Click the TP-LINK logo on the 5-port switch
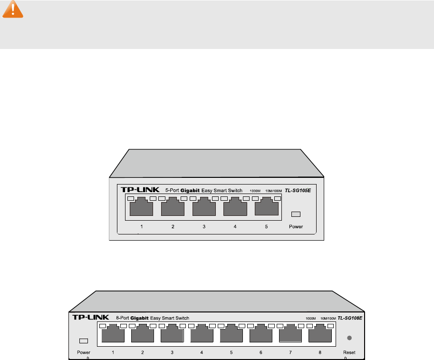138,190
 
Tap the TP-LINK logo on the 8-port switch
89,317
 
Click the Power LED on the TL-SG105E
296,214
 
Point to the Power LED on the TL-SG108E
84,341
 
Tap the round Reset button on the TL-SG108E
349,338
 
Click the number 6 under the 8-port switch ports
260,352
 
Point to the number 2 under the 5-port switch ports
173,226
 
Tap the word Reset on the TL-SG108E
349,352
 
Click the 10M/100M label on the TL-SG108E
328,318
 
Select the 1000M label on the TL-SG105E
255,191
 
